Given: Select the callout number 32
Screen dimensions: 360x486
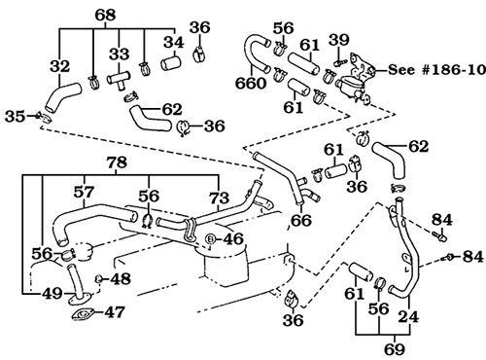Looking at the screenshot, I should coord(59,67).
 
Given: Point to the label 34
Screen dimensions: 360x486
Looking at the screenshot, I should coord(171,42).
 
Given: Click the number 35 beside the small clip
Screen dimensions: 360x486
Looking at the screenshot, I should coord(16,116).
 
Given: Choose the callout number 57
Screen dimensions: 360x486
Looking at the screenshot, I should coord(85,194).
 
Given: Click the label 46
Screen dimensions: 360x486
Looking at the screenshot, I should coord(233,237).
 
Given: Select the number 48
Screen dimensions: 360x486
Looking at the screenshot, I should coord(120,279).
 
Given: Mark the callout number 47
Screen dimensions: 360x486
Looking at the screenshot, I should coord(114,312).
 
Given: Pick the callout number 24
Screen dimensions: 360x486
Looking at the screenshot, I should coord(408,315).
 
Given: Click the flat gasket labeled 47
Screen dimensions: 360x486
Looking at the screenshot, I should coord(81,313).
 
